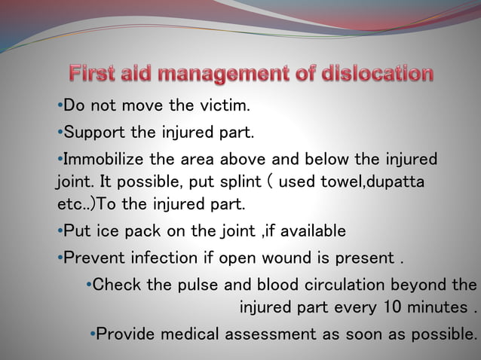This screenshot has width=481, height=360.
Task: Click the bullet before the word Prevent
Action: [60, 258]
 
